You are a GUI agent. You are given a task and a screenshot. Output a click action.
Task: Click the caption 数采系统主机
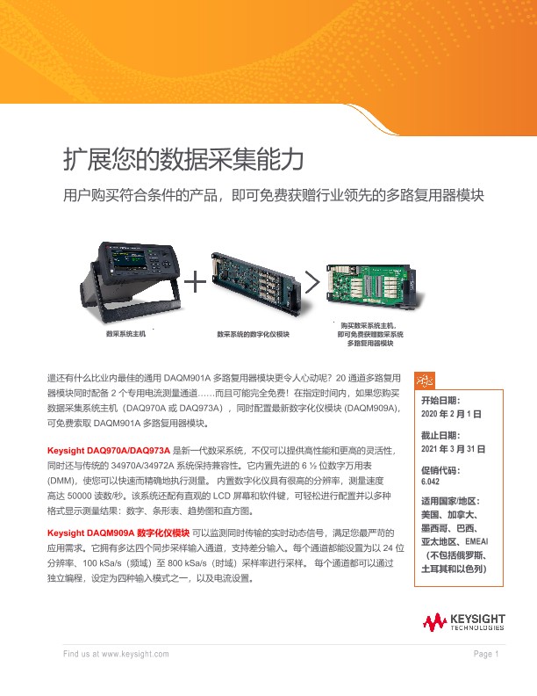click(x=125, y=335)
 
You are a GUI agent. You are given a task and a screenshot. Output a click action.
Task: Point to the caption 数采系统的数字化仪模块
click(x=254, y=335)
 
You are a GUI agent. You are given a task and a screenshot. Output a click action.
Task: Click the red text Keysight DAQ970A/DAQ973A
click(x=114, y=450)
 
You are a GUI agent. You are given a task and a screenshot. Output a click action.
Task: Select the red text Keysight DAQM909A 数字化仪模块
click(x=118, y=533)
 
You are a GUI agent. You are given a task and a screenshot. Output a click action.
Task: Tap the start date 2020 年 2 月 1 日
click(x=452, y=413)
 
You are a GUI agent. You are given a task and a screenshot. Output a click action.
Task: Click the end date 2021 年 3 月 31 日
click(x=454, y=448)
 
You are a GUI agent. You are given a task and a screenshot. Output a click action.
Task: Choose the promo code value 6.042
click(x=431, y=482)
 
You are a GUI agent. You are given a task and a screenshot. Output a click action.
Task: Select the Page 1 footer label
click(x=486, y=655)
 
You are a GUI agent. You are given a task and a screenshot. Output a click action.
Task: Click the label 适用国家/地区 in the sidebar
click(x=451, y=501)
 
